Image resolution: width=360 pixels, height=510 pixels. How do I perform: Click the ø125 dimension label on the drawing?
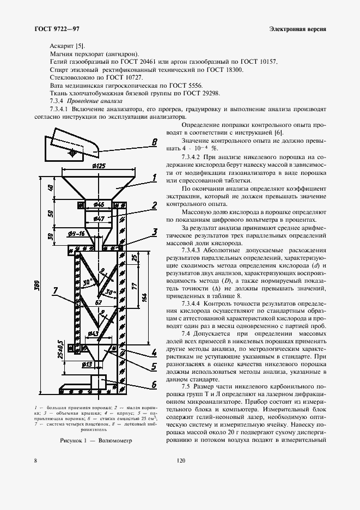[x=98, y=166]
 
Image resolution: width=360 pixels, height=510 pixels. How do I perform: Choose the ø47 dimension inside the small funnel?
[x=99, y=218]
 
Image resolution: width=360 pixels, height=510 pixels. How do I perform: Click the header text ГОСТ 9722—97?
[x=56, y=28]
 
